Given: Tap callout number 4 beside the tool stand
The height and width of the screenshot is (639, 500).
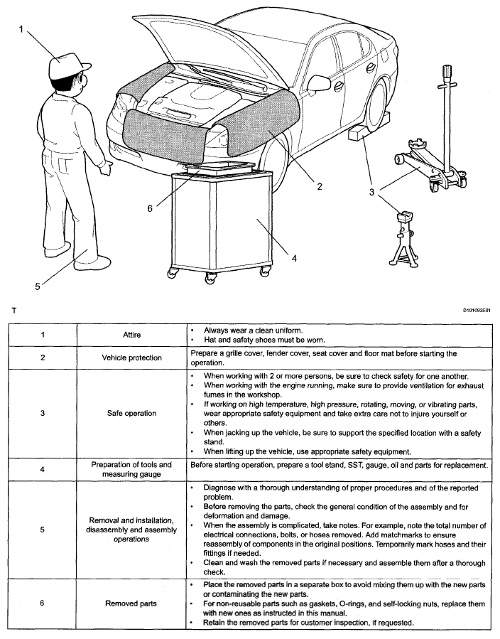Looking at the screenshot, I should tap(293, 257).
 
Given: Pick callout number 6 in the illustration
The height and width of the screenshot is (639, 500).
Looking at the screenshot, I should tap(150, 208).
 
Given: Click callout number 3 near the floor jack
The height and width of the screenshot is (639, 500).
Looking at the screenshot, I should tap(371, 192).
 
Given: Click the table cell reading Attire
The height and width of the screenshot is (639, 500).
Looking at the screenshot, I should tap(131, 335).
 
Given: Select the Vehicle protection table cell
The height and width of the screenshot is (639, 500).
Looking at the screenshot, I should tap(131, 358).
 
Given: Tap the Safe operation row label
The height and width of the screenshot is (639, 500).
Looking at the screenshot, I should tap(131, 413).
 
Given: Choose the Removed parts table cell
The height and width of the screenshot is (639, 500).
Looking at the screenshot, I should tap(131, 603).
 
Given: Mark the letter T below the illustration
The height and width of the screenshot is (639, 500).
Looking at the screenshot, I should tap(13, 311).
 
